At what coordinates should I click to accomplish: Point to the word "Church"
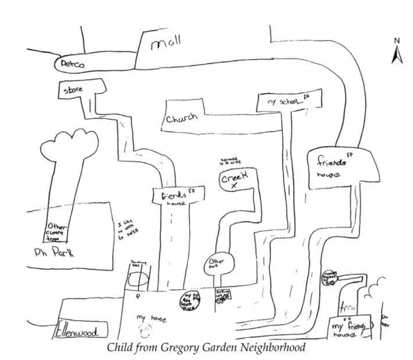pyautogui.click(x=181, y=120)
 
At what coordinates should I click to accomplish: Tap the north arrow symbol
pyautogui.click(x=397, y=53)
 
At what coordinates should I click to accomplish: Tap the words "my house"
pyautogui.click(x=151, y=319)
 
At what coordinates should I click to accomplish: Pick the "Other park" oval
pyautogui.click(x=218, y=263)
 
